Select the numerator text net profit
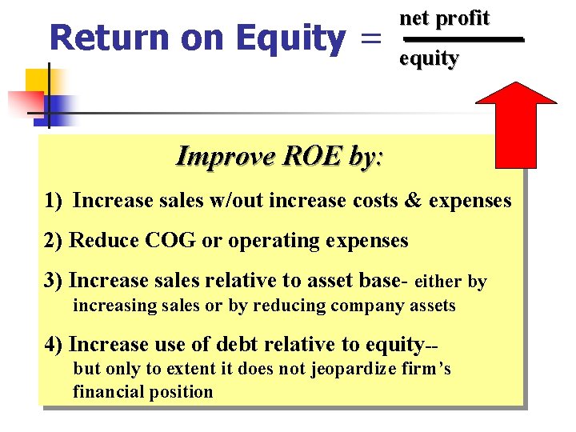(x=444, y=18)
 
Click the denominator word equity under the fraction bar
(x=429, y=58)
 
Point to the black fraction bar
(x=462, y=38)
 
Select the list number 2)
(x=55, y=240)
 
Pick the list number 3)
(x=55, y=281)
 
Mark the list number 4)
(x=55, y=344)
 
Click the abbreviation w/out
(x=237, y=200)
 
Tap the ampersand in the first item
(x=412, y=200)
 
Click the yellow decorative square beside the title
(x=38, y=81)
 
